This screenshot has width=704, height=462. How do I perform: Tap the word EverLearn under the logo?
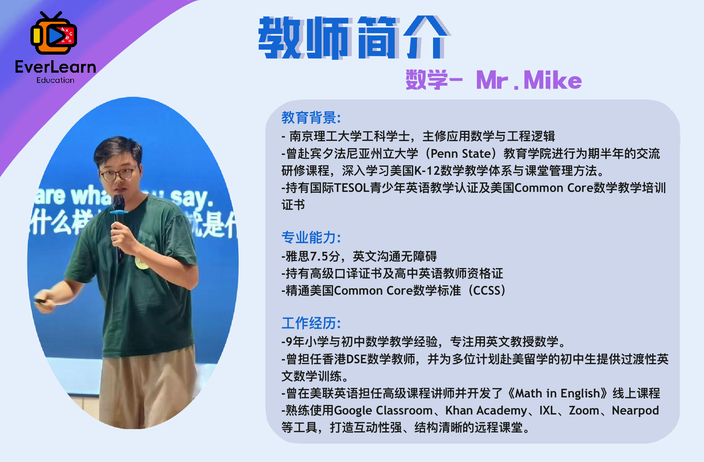coord(56,67)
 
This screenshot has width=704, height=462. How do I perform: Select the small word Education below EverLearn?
coord(55,80)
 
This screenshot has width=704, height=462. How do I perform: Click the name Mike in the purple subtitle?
coord(552,80)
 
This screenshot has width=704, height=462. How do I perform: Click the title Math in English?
coord(557,393)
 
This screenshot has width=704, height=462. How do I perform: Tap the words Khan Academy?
coord(486,410)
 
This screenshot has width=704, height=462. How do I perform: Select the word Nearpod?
coord(635,410)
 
